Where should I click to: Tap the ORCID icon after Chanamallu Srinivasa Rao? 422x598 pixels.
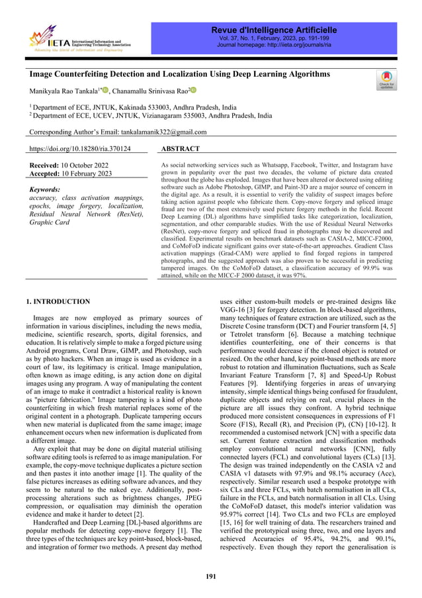(x=194, y=90)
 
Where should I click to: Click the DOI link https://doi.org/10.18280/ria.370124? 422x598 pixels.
(x=80, y=150)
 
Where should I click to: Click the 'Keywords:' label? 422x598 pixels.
(x=45, y=189)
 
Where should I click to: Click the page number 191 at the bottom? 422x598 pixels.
(x=210, y=576)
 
